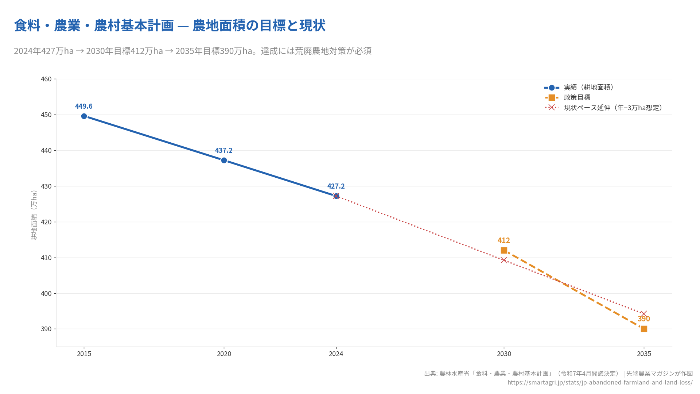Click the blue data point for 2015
(x=84, y=116)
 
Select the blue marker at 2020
(x=224, y=161)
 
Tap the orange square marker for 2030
(x=504, y=250)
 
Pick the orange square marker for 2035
(x=644, y=329)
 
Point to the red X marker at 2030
(x=504, y=260)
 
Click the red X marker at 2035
(x=644, y=314)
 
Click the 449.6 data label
(x=84, y=106)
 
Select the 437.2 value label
(x=223, y=150)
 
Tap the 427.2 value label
(x=336, y=186)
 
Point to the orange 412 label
(x=504, y=240)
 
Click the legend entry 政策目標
(x=577, y=97)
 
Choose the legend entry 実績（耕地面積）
(x=588, y=87)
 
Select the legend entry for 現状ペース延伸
(x=612, y=108)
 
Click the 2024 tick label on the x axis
(x=336, y=354)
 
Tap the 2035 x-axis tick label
(x=644, y=354)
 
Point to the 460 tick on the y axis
(x=46, y=79)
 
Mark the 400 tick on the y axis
(x=46, y=293)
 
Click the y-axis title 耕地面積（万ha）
(x=34, y=215)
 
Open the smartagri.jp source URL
(x=600, y=382)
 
